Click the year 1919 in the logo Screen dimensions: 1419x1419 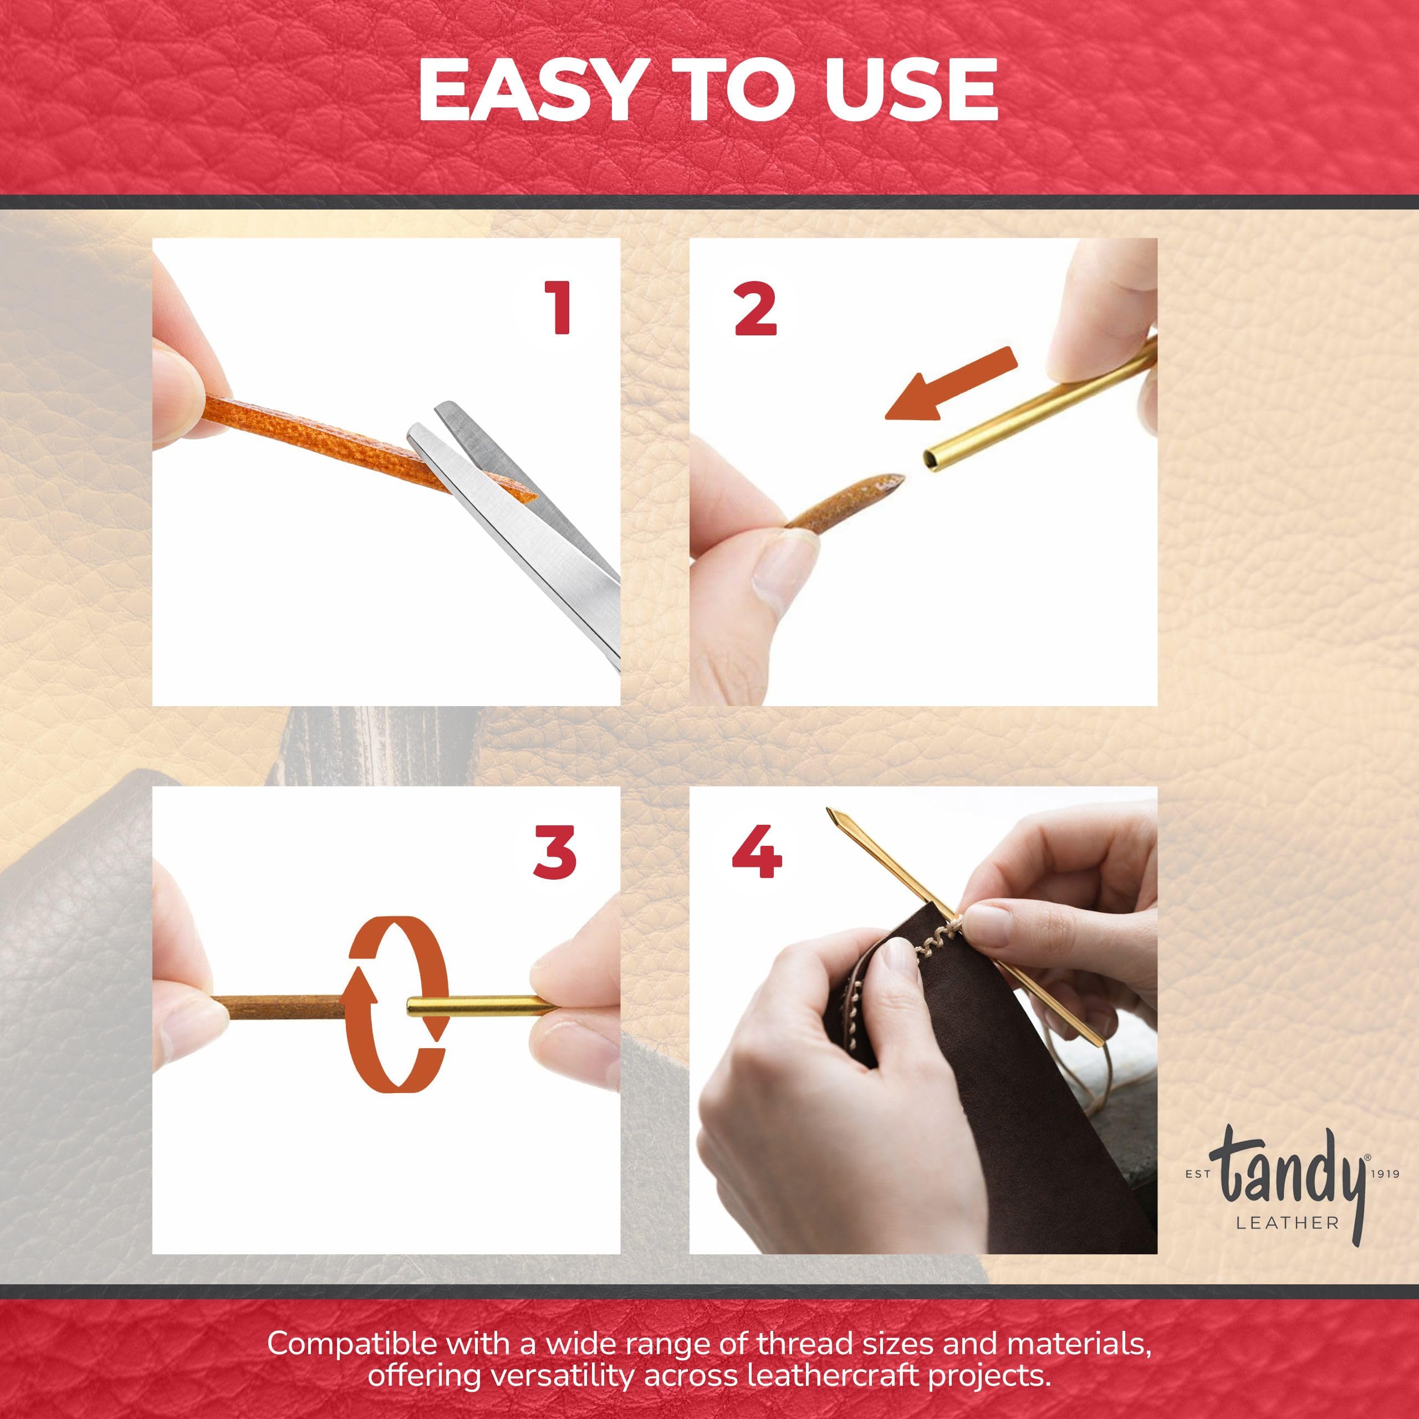point(1385,1175)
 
